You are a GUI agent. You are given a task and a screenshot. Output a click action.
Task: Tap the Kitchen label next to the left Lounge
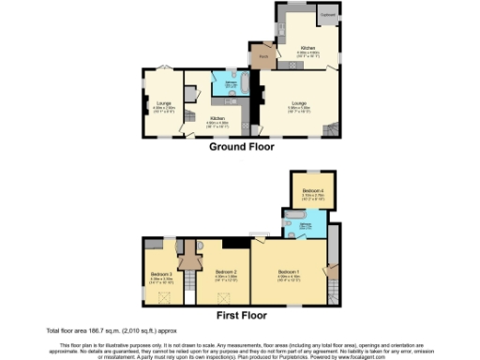(x=217, y=119)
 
